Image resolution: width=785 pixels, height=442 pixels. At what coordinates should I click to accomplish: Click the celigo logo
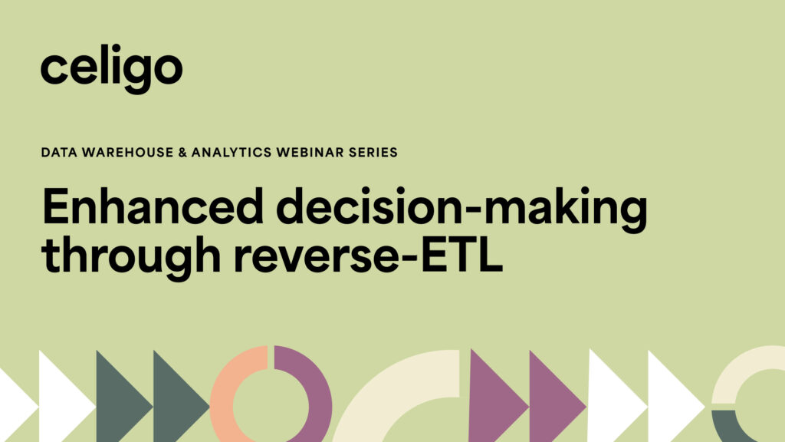tap(111, 68)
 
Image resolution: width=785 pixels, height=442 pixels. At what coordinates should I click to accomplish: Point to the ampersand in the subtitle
tap(179, 152)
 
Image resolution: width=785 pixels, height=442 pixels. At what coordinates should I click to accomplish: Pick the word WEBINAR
tap(307, 152)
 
